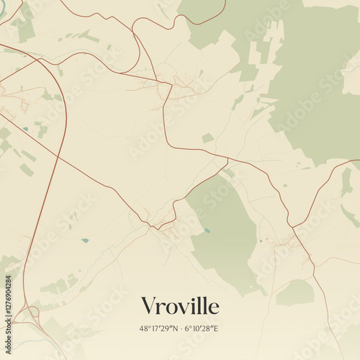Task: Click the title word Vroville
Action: click(x=180, y=306)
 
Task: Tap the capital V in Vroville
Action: click(x=149, y=306)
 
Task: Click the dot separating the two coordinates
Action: click(x=179, y=328)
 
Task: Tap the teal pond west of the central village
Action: click(x=85, y=240)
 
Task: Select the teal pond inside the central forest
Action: click(x=207, y=231)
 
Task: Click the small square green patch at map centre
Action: click(x=207, y=138)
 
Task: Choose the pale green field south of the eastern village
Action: click(x=295, y=292)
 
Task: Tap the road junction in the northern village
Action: click(x=170, y=85)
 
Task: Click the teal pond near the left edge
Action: click(x=26, y=129)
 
